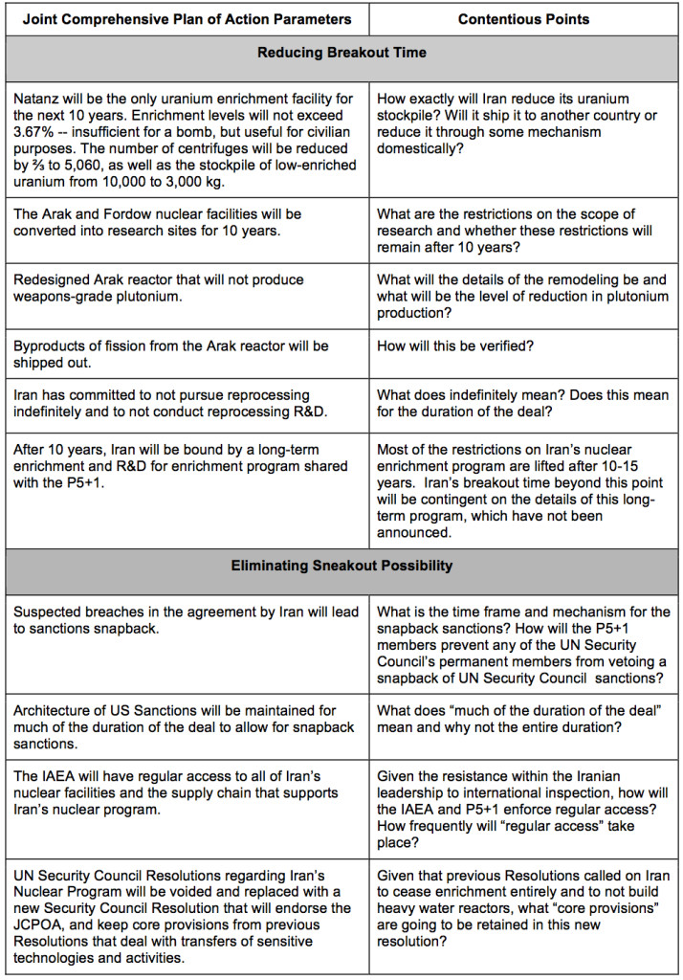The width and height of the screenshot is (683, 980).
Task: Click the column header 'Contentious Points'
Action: coord(525,19)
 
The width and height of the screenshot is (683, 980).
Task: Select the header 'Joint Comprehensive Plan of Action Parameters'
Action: coord(187,19)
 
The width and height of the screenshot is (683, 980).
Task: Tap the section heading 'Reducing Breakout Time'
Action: coord(341,55)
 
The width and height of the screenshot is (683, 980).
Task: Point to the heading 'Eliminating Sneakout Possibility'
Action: coord(341,567)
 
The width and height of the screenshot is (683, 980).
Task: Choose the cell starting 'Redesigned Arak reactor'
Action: coord(160,288)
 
